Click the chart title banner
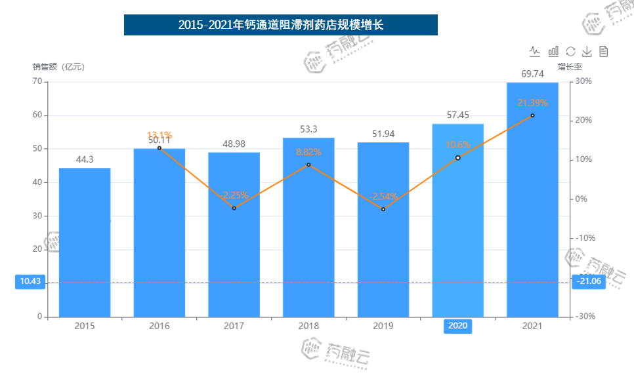click(x=280, y=25)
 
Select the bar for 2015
click(x=85, y=243)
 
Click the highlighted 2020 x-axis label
click(x=457, y=326)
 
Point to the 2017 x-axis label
click(x=234, y=326)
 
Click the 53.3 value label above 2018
click(x=308, y=129)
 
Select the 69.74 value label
click(x=532, y=73)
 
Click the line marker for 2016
click(x=159, y=148)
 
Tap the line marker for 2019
click(x=383, y=209)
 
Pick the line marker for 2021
click(x=532, y=115)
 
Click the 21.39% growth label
click(x=532, y=102)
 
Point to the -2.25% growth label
click(x=234, y=195)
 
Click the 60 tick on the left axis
click(x=37, y=115)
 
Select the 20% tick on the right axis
click(x=584, y=121)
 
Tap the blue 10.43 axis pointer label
click(x=30, y=282)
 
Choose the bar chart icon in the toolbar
click(x=553, y=51)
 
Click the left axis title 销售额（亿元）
click(x=59, y=66)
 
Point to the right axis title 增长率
click(x=570, y=66)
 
